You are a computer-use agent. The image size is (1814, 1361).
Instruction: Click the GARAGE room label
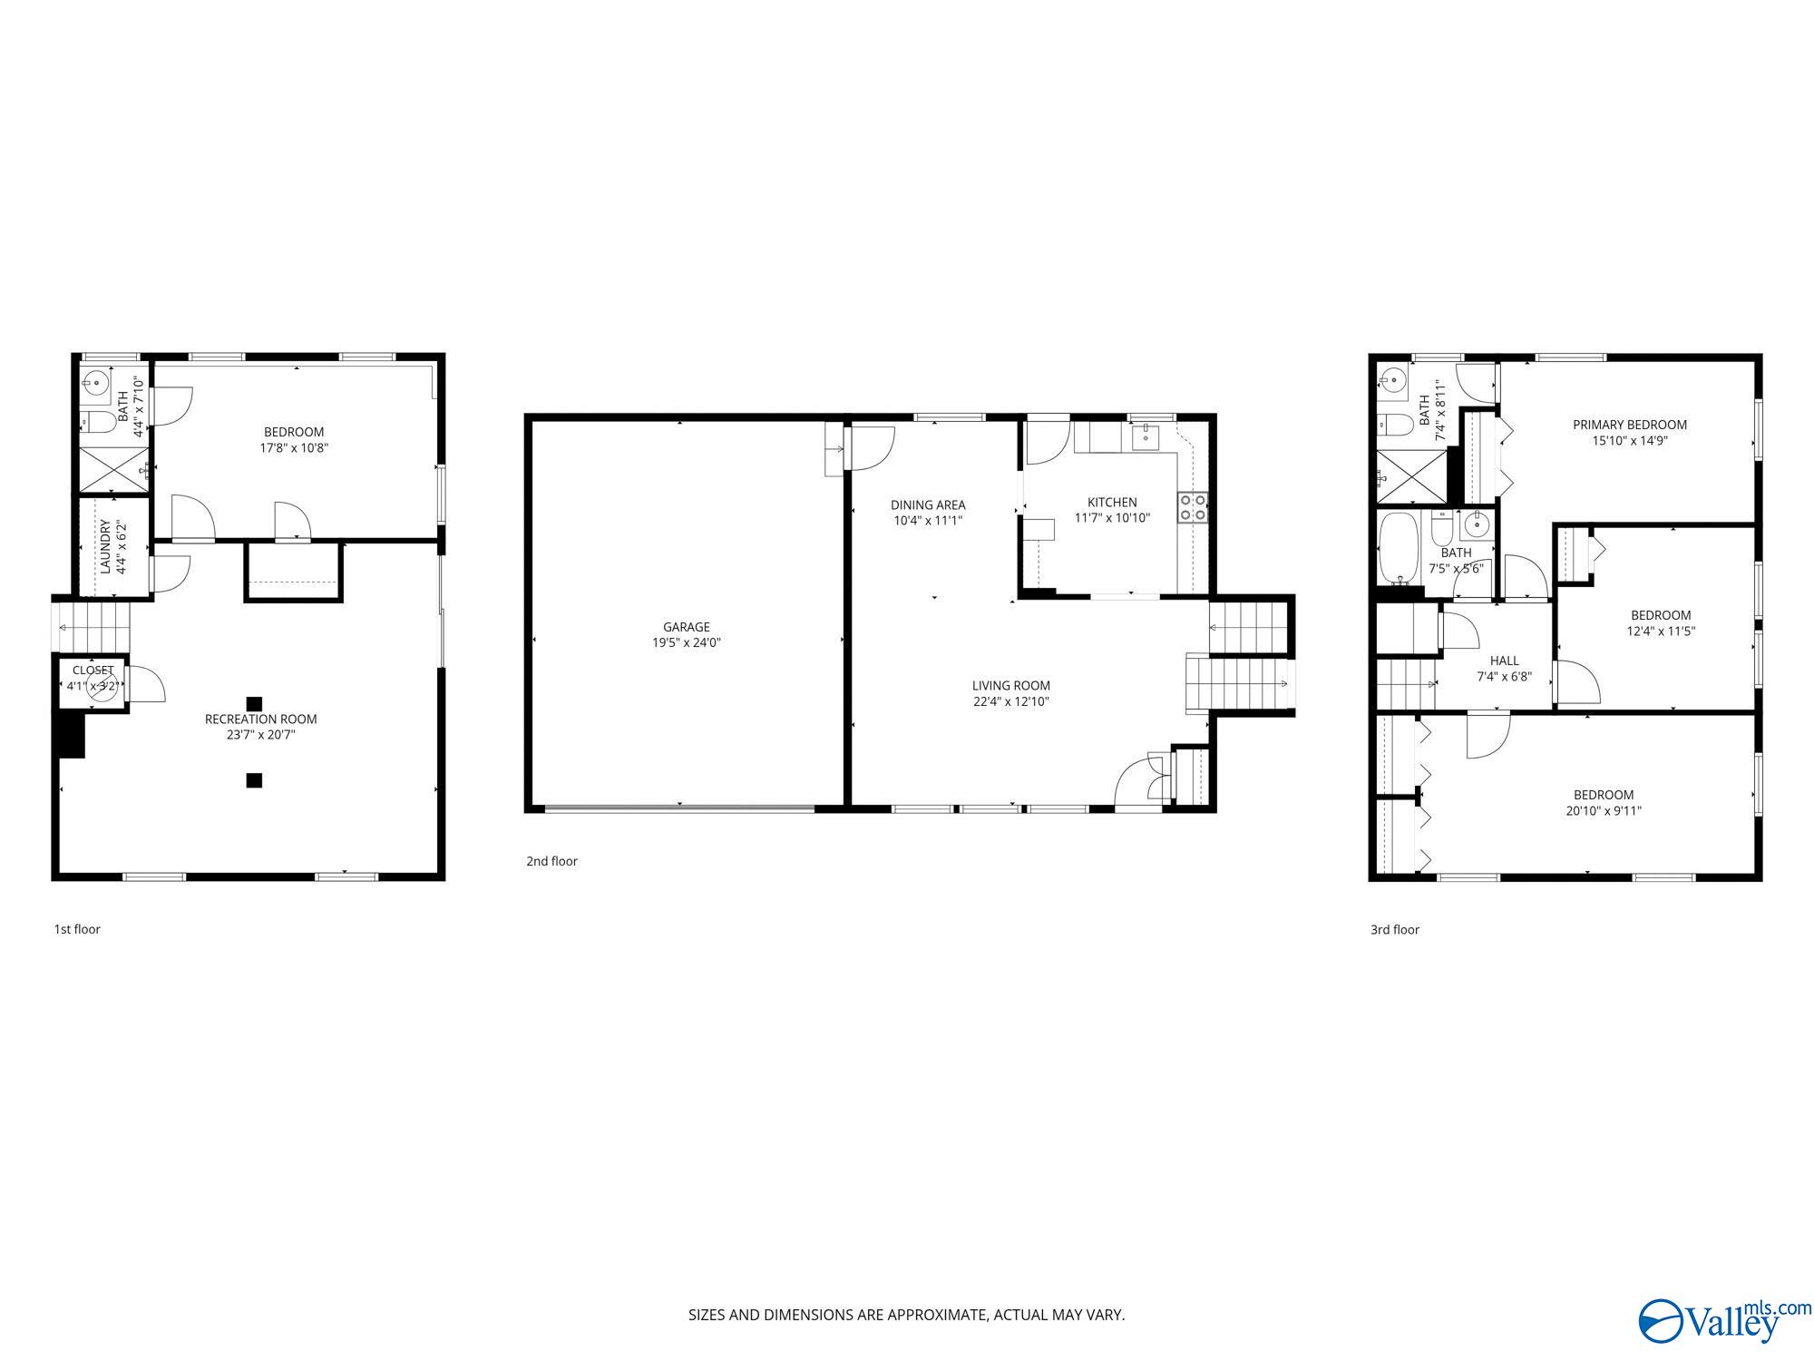click(686, 627)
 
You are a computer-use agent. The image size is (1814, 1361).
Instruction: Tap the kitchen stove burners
click(1193, 507)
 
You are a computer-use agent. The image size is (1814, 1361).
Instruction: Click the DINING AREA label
click(928, 505)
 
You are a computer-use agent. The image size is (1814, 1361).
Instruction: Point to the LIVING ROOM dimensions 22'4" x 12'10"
click(1010, 701)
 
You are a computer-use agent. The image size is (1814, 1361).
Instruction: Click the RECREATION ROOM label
click(260, 720)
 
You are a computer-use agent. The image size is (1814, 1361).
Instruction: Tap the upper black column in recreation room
click(255, 703)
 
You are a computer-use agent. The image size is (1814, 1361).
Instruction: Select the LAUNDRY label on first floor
click(105, 546)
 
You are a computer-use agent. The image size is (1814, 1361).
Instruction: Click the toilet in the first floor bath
click(99, 421)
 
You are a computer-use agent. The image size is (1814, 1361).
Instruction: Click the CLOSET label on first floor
click(93, 671)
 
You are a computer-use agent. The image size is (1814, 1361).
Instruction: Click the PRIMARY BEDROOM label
click(1630, 425)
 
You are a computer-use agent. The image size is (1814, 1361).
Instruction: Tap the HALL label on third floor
click(1504, 661)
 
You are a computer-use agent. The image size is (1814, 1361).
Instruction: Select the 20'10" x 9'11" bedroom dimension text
click(1604, 811)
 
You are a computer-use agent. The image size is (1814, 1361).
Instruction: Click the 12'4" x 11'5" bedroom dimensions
click(1661, 632)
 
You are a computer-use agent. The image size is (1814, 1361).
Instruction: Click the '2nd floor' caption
click(551, 861)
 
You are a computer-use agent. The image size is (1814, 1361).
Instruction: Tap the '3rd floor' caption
click(1395, 929)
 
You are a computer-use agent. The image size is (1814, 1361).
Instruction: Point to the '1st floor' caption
click(77, 929)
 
